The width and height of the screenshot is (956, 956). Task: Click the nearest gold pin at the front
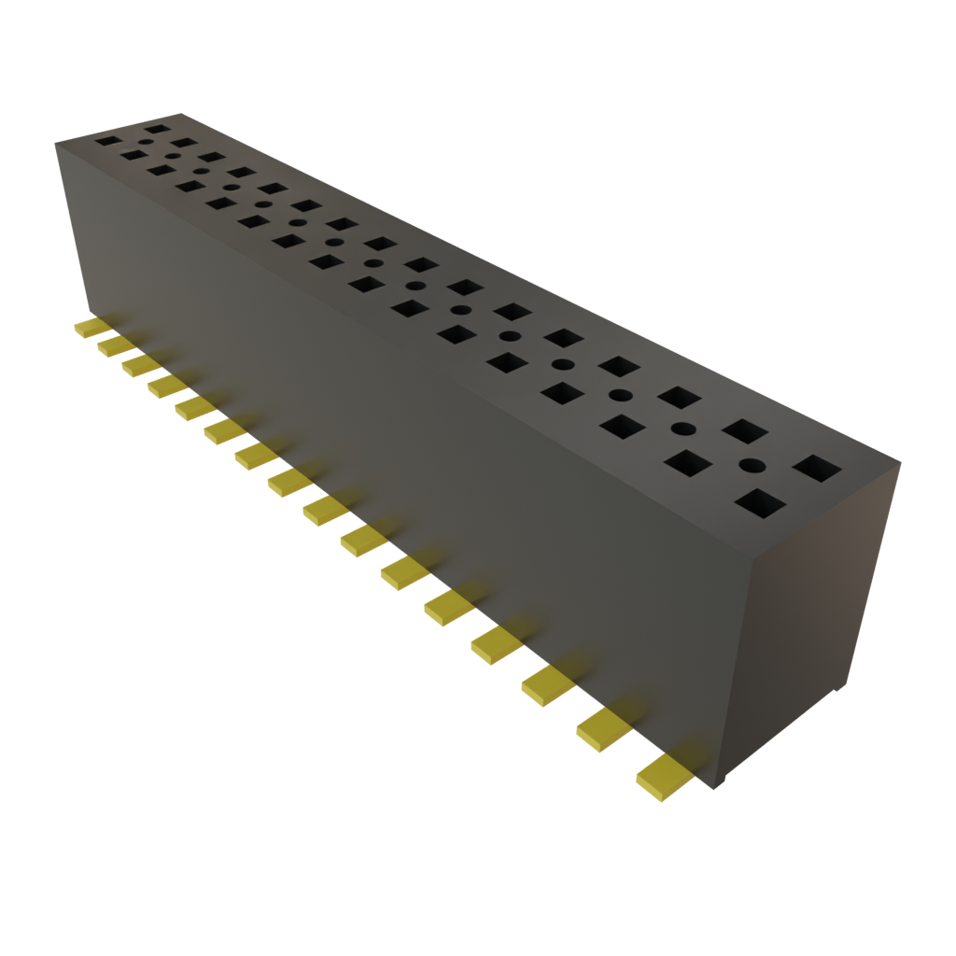(664, 777)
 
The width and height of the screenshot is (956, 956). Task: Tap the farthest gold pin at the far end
(91, 328)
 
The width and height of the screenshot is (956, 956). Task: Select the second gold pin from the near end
(603, 729)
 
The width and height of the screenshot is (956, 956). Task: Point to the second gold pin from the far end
(115, 345)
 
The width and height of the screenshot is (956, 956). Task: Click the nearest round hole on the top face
(752, 465)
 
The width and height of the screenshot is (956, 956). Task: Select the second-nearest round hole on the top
(684, 429)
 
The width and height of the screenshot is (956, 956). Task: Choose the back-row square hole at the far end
(158, 129)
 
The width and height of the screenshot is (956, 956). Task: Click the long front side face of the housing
(392, 448)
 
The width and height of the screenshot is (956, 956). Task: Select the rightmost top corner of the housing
(902, 459)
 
